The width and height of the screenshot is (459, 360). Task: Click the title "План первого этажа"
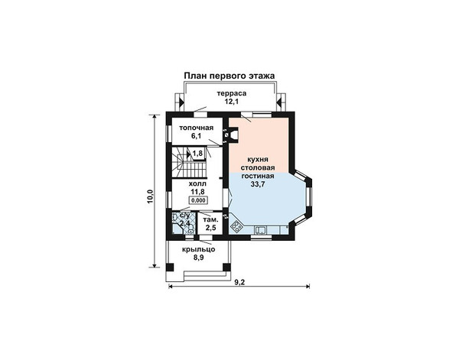pyautogui.click(x=229, y=76)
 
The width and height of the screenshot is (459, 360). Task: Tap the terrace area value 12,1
pyautogui.click(x=232, y=102)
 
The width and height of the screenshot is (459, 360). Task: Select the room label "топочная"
pyautogui.click(x=197, y=128)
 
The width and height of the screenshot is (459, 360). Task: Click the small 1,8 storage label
pyautogui.click(x=198, y=153)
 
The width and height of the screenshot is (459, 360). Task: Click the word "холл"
pyautogui.click(x=197, y=183)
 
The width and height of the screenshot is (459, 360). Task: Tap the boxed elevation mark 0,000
pyautogui.click(x=198, y=200)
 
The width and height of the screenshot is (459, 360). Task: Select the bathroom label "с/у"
pyautogui.click(x=184, y=216)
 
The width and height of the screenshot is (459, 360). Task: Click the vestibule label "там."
pyautogui.click(x=210, y=219)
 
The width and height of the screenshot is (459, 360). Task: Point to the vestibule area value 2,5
pyautogui.click(x=211, y=228)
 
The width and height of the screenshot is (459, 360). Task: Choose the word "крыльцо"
pyautogui.click(x=199, y=249)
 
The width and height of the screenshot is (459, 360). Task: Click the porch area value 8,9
pyautogui.click(x=199, y=258)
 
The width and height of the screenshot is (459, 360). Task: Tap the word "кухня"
pyautogui.click(x=258, y=160)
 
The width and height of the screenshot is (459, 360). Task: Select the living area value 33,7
pyautogui.click(x=258, y=184)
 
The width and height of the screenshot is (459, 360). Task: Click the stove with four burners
pyautogui.click(x=236, y=226)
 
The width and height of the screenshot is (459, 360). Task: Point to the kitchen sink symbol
pyautogui.click(x=260, y=231)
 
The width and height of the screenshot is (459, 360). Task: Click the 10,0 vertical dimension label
pyautogui.click(x=150, y=196)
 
